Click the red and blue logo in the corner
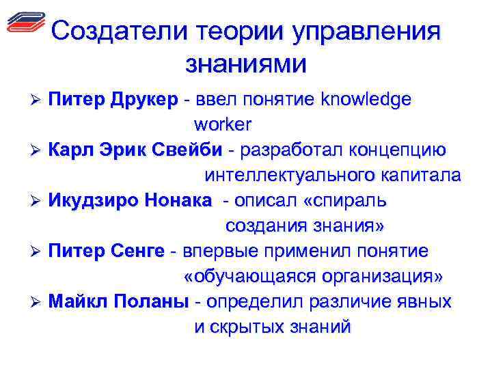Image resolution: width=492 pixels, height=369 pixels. pos(25,23)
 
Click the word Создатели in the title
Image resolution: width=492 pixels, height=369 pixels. pos(120,31)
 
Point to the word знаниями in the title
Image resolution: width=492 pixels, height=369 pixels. pos(246,64)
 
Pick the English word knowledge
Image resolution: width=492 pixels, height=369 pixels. pos(368,100)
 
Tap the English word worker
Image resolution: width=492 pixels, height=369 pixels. pos(223,125)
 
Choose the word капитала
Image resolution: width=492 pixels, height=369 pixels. pos(420,176)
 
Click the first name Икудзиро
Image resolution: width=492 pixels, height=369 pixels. pos(93,201)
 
